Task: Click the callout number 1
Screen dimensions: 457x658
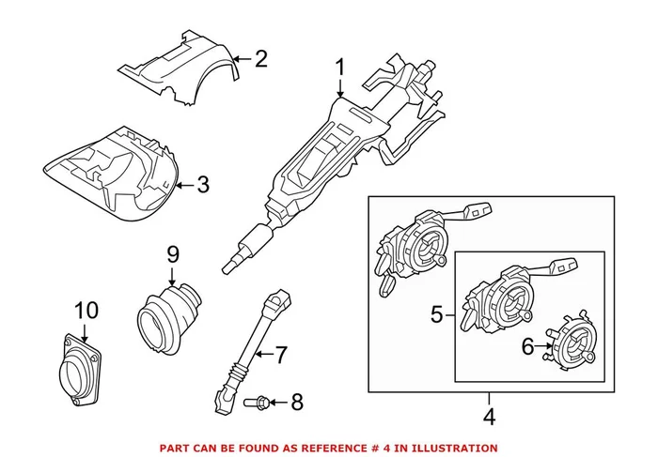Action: pos(340,68)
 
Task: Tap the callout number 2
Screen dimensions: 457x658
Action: pos(260,59)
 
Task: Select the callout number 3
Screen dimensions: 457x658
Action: pos(203,184)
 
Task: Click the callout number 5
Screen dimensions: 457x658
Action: pos(435,315)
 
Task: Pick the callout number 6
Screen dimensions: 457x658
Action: pos(528,347)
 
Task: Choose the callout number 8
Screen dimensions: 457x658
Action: pos(296,403)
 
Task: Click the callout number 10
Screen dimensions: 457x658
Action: pos(85,309)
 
